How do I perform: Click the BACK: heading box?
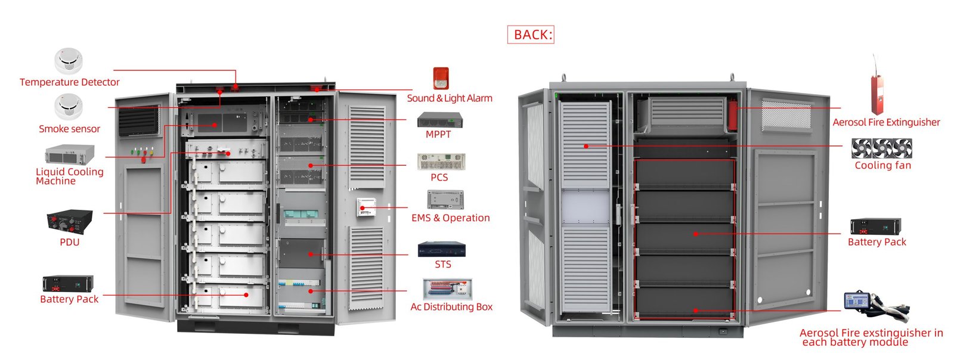tap(531, 35)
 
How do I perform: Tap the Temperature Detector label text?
tap(69, 82)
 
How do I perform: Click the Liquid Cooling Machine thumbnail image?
tap(69, 154)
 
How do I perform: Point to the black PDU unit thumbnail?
tap(70, 222)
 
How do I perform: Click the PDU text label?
tap(69, 242)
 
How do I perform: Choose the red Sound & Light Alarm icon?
tap(441, 79)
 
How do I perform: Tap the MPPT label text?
tap(438, 135)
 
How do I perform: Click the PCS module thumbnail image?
tap(441, 161)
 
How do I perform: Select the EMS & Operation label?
tap(451, 218)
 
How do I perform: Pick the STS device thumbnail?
tap(441, 249)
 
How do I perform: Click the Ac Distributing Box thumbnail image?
tap(447, 288)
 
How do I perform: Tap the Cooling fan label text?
tap(882, 166)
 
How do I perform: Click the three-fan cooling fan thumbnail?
tap(881, 148)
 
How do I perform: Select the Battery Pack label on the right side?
tap(876, 242)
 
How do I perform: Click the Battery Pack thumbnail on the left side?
tap(68, 283)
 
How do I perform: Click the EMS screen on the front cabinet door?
tap(365, 207)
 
